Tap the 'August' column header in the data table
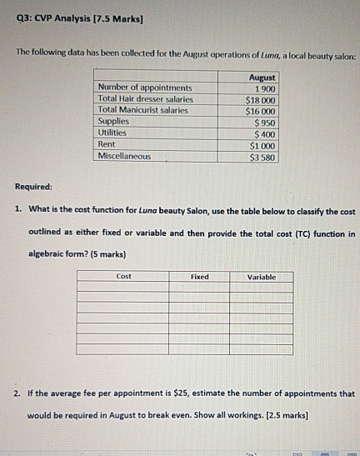[x=262, y=77]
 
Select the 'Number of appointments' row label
[x=144, y=88]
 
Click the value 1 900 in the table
[x=263, y=88]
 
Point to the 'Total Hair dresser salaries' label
[x=145, y=99]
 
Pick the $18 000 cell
[x=261, y=99]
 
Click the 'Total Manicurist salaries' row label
[x=143, y=110]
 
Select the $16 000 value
[x=261, y=110]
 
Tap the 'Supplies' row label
[x=113, y=122]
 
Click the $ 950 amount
[x=264, y=122]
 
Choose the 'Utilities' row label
[x=112, y=133]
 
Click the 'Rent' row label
[x=107, y=144]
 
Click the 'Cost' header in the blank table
[x=123, y=276]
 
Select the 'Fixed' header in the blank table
[x=200, y=276]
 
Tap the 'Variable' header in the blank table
[x=262, y=276]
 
